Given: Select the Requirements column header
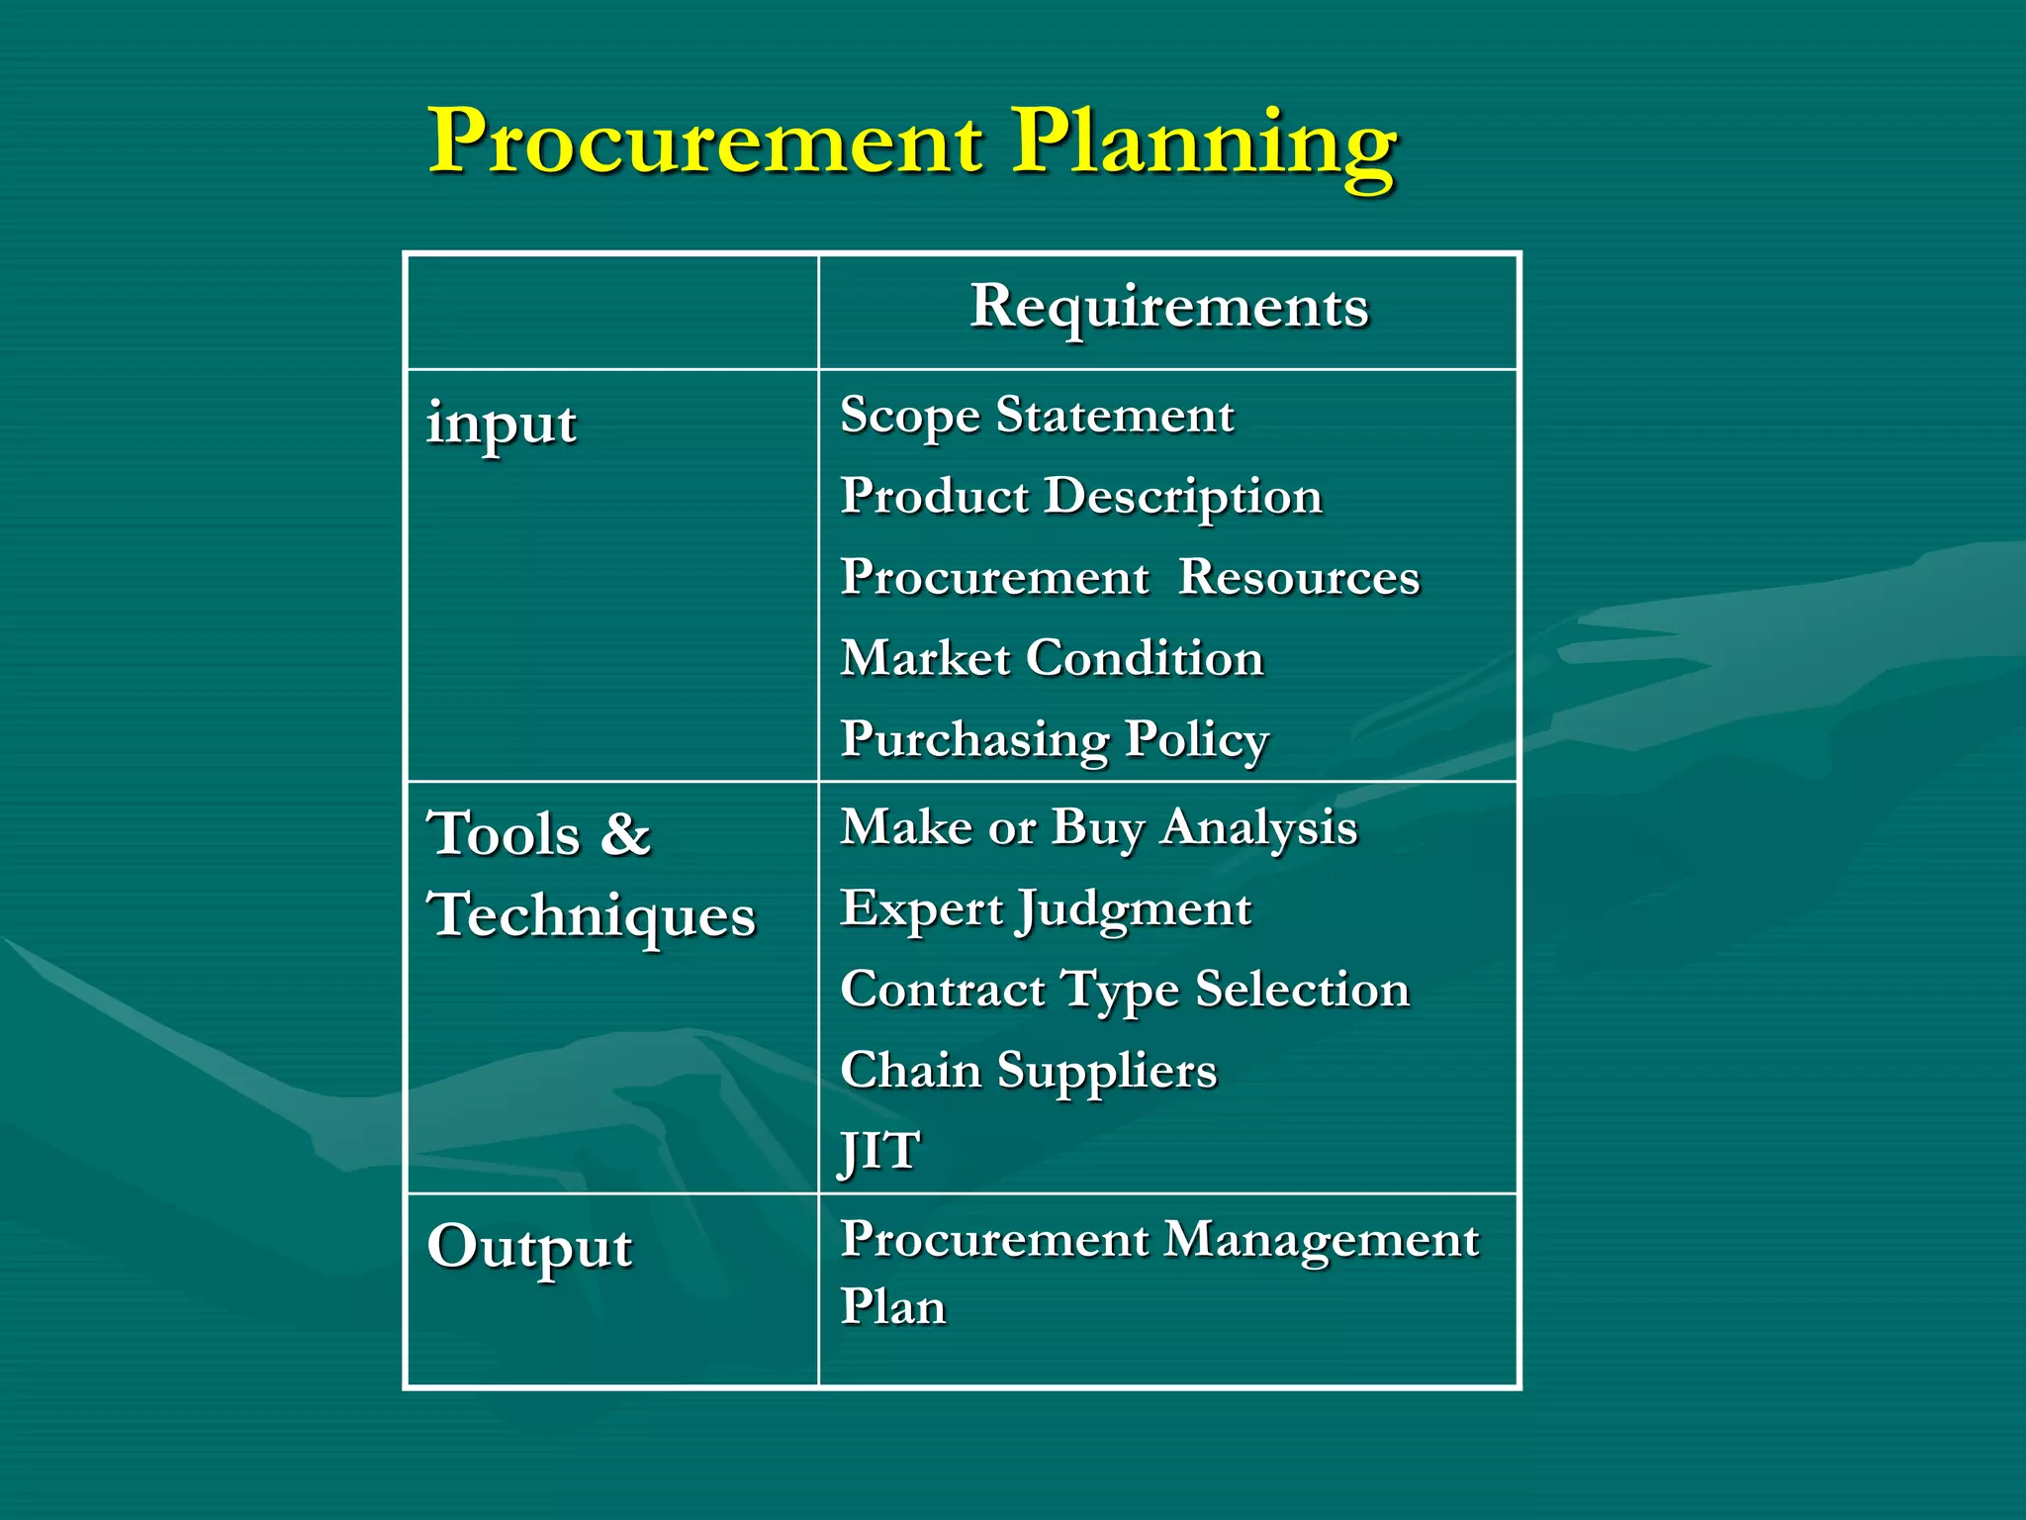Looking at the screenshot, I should [1169, 307].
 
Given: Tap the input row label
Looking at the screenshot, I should [502, 425].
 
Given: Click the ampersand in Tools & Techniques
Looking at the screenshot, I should [625, 833].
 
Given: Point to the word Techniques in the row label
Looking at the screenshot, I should [592, 916].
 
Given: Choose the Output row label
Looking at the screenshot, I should [529, 1247].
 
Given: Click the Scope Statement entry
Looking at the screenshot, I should [1037, 416].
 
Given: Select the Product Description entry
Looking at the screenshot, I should [1081, 497].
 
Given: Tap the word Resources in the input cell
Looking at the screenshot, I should [1299, 578].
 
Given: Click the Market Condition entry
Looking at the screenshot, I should [1053, 659].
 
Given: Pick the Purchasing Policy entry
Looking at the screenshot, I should [1055, 740].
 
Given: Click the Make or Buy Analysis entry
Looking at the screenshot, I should [1098, 828].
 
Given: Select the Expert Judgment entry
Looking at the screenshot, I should [1046, 909].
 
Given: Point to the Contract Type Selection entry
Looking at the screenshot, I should [1125, 991].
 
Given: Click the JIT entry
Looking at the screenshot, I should [879, 1152].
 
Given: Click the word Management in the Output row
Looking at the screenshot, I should [1321, 1241].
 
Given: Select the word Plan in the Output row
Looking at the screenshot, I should [893, 1307].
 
